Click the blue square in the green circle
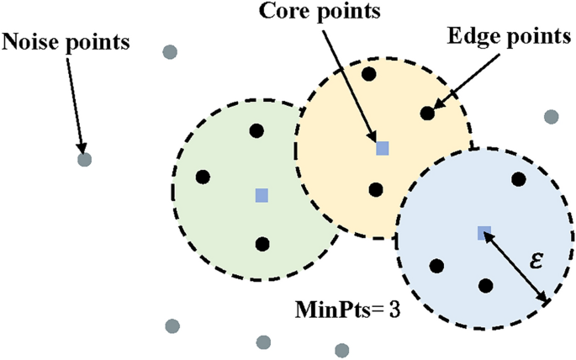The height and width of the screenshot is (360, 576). tap(262, 195)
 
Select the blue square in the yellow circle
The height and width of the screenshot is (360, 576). tap(382, 148)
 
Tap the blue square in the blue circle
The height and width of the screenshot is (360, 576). tap(484, 233)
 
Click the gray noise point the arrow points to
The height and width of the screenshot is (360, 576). tap(84, 159)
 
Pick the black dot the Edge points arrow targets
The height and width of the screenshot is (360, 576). tap(426, 112)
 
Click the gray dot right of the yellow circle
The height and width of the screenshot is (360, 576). tap(551, 116)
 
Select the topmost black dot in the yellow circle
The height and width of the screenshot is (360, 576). tap(368, 74)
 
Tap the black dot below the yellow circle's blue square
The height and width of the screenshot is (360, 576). tap(376, 190)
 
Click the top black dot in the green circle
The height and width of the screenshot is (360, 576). tap(257, 130)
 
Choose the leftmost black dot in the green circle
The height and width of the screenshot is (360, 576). tap(203, 177)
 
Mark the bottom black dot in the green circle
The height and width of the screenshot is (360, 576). tap(262, 244)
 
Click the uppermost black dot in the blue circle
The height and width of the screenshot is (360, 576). tap(519, 178)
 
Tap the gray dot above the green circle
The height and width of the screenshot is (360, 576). tap(171, 52)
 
